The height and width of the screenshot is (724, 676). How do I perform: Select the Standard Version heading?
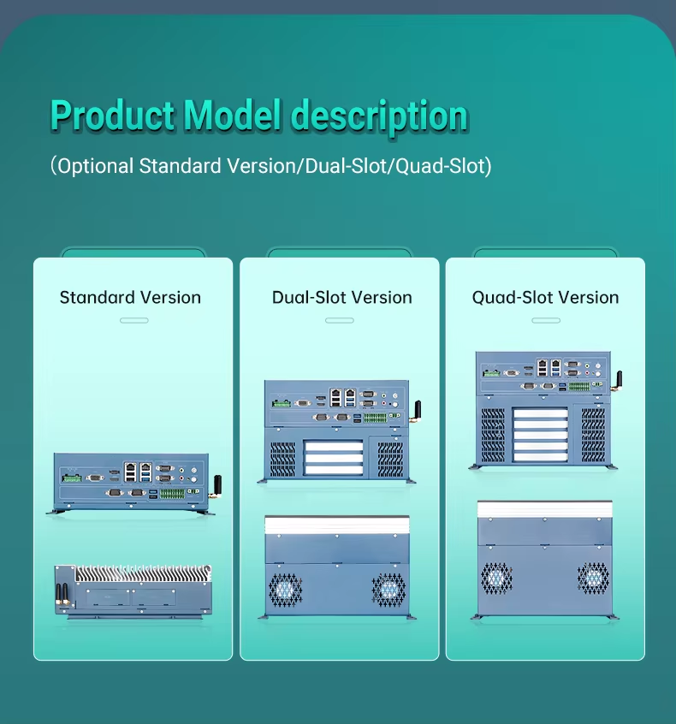(130, 298)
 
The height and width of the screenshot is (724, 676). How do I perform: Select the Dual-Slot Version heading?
(341, 298)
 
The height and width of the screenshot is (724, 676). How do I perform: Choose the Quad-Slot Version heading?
(545, 298)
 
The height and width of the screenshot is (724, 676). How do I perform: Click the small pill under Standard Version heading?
(133, 320)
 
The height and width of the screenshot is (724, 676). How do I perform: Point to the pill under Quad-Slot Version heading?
(545, 320)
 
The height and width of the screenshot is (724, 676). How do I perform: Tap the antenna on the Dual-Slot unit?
(418, 412)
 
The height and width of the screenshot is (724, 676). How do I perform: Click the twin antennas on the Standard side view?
(62, 594)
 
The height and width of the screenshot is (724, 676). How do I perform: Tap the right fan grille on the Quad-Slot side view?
(593, 578)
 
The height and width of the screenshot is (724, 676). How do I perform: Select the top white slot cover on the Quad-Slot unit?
(539, 413)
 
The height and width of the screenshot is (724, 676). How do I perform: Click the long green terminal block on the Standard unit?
(173, 494)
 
